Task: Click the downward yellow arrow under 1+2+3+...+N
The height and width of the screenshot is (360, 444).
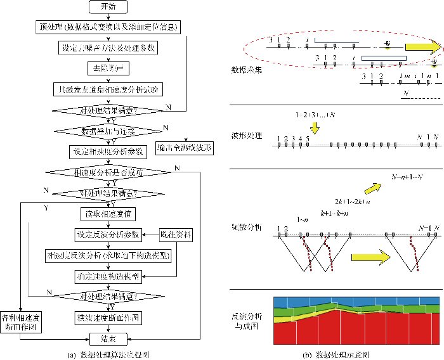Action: (x=315, y=127)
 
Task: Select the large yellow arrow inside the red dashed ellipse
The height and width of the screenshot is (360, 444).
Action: (x=422, y=46)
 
